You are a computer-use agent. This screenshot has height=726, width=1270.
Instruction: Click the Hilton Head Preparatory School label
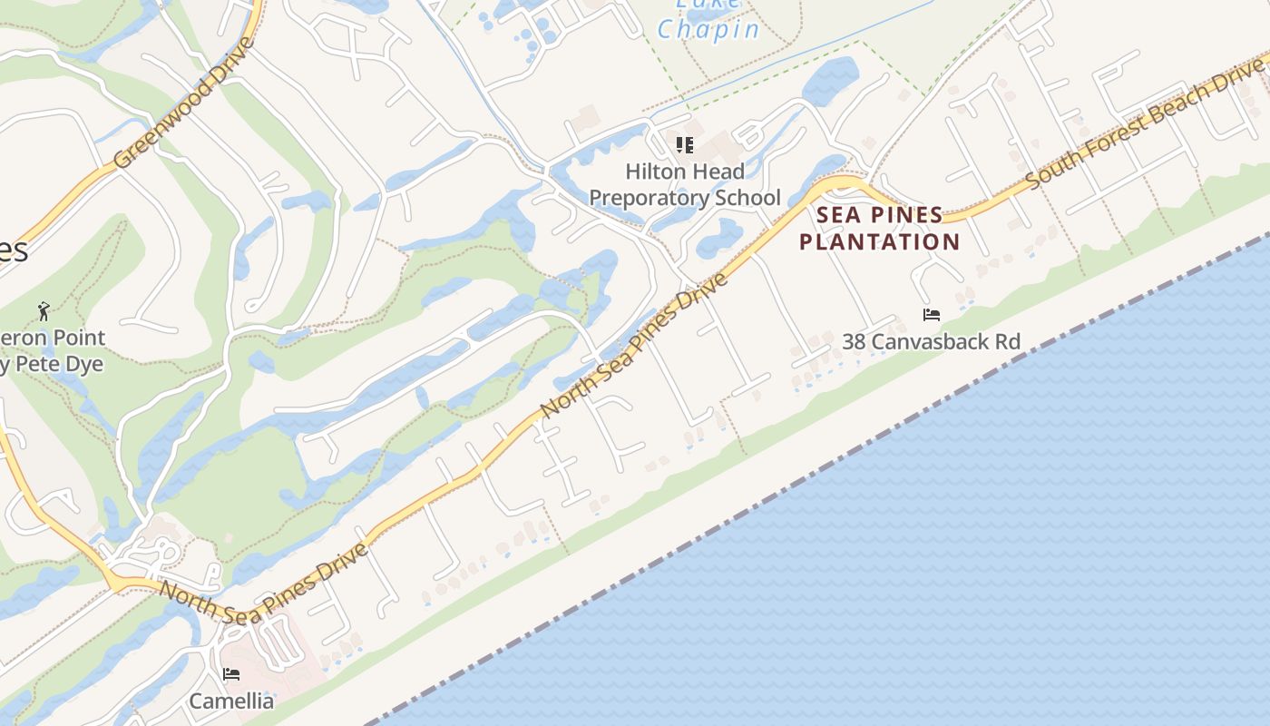pyautogui.click(x=685, y=184)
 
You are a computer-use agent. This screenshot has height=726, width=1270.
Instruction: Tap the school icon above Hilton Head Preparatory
pyautogui.click(x=685, y=144)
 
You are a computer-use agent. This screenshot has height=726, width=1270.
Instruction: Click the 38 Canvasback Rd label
pyautogui.click(x=931, y=342)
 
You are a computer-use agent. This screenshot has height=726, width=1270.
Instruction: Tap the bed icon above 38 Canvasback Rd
pyautogui.click(x=931, y=315)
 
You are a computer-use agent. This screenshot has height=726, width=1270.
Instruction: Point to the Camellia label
pyautogui.click(x=231, y=701)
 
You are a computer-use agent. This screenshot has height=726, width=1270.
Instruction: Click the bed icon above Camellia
pyautogui.click(x=231, y=674)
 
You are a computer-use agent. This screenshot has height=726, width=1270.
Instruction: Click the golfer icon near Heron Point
pyautogui.click(x=44, y=311)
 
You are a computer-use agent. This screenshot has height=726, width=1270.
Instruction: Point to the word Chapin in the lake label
pyautogui.click(x=708, y=30)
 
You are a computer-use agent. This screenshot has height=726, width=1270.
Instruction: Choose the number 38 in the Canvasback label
pyautogui.click(x=854, y=342)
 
